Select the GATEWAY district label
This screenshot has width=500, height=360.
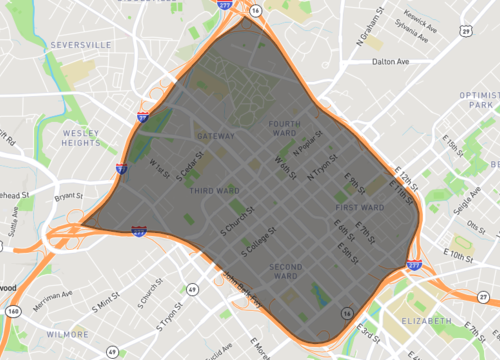point(216,136)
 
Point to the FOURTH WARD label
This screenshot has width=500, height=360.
point(284,129)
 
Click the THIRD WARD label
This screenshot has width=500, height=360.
point(214,190)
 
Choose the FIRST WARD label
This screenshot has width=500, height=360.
point(352,207)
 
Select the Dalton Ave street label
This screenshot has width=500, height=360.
point(391,62)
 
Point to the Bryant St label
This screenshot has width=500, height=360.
point(67,196)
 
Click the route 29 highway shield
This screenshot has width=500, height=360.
point(466,31)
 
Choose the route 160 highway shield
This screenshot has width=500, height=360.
point(14,311)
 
